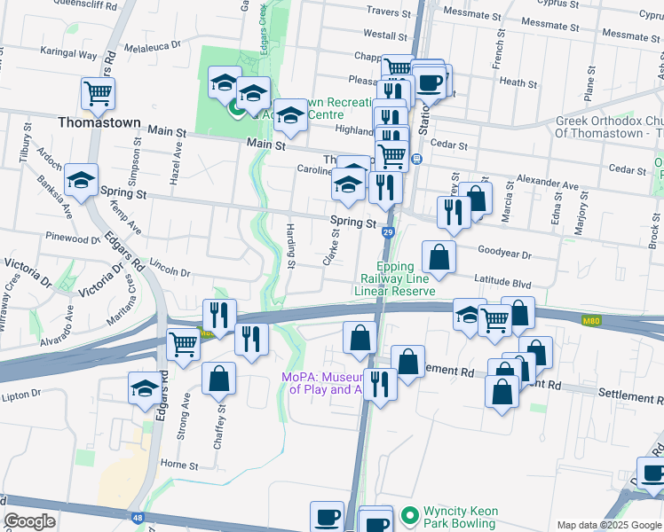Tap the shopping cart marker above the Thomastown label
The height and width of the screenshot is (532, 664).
coord(99,92)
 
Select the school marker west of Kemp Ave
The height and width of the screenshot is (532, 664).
coord(82,182)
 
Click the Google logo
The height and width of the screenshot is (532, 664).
coord(29,520)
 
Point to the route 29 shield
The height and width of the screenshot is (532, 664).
coord(388,232)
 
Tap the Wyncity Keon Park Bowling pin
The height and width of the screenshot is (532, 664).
coord(409,514)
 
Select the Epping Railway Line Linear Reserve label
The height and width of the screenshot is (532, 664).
coord(394,278)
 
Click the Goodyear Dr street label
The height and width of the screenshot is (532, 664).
coord(503,254)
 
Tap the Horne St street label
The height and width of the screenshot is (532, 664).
coord(178,464)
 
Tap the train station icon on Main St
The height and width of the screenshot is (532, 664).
coord(416,159)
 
